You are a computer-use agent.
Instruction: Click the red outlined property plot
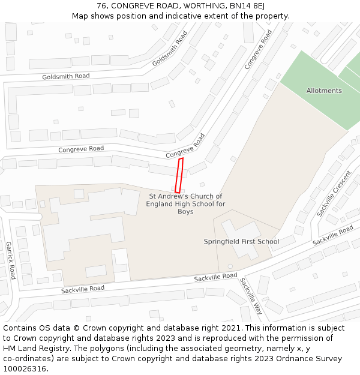(179, 175)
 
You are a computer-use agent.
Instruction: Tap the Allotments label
(324, 91)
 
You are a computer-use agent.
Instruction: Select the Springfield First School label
(241, 242)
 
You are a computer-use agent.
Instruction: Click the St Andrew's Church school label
(185, 204)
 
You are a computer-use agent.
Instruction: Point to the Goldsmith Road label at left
(66, 77)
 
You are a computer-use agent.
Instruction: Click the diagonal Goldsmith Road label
(170, 49)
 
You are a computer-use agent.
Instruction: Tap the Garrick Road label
(10, 260)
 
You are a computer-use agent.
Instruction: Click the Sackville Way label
(251, 296)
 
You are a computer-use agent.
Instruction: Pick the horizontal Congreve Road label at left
(81, 149)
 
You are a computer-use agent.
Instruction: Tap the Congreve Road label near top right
(258, 48)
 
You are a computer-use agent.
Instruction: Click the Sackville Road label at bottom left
(82, 289)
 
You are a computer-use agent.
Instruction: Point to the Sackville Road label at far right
(333, 235)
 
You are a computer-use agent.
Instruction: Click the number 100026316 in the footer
(26, 369)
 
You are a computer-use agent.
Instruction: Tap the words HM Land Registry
(35, 349)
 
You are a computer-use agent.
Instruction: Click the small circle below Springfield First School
(230, 266)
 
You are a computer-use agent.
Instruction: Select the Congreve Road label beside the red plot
(185, 146)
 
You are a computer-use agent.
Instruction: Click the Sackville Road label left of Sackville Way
(215, 277)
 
